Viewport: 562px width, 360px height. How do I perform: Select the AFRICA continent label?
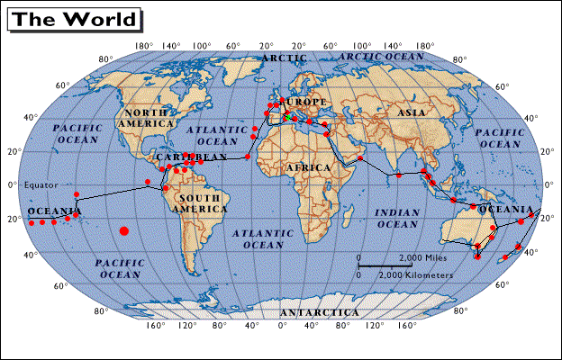point(308,168)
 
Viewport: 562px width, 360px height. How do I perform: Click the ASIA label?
point(412,112)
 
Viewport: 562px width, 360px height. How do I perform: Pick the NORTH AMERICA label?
point(145,117)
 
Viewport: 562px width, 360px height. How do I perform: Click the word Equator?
point(40,185)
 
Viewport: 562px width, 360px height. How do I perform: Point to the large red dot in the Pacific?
point(123,231)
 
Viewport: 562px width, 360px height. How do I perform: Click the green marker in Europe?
point(286,116)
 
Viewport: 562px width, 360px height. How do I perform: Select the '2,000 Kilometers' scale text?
point(415,274)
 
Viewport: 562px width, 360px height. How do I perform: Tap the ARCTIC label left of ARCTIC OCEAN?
point(277,58)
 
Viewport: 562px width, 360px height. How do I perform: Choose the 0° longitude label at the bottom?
point(282,326)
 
